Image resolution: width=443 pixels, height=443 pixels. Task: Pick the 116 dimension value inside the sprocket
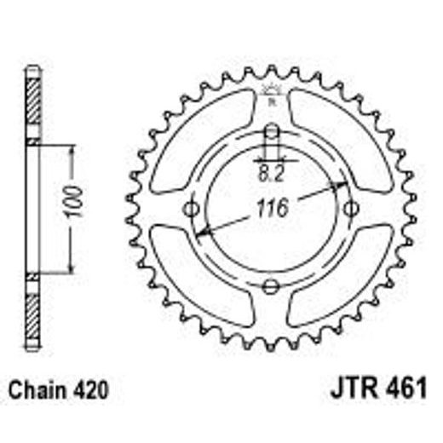[271, 206]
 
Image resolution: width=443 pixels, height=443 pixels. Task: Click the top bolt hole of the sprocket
[271, 132]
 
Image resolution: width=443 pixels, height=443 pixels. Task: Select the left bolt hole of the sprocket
[191, 209]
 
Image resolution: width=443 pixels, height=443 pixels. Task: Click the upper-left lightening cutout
[204, 141]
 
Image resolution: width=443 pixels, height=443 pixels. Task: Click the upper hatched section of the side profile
[32, 106]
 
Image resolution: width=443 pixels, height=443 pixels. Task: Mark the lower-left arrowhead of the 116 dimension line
[198, 233]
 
